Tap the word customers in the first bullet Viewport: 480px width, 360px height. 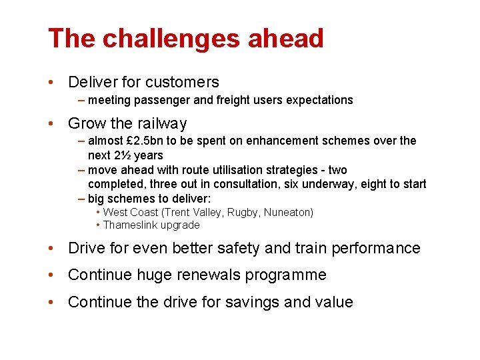coord(182,83)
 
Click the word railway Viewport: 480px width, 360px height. coord(162,124)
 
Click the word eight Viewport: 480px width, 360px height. coord(387,184)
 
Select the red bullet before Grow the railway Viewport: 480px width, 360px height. coord(51,124)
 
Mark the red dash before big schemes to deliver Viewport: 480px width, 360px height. coord(81,198)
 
